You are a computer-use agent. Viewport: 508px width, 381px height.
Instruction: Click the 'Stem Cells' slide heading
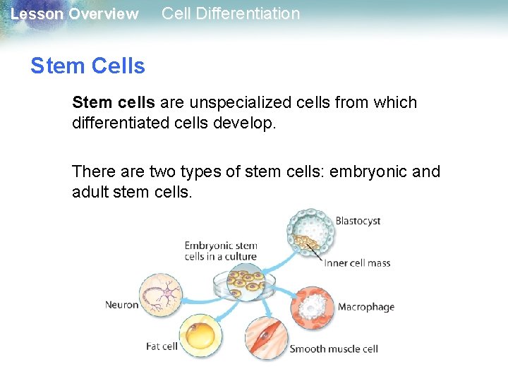pyautogui.click(x=87, y=66)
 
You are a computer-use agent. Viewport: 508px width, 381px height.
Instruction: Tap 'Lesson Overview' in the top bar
pyautogui.click(x=75, y=14)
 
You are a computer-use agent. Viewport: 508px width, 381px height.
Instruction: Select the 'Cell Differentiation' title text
pyautogui.click(x=231, y=13)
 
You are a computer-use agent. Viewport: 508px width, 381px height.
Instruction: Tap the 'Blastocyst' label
pyautogui.click(x=358, y=221)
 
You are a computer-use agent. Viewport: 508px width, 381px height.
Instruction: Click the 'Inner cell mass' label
pyautogui.click(x=357, y=263)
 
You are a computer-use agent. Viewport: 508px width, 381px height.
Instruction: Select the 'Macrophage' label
pyautogui.click(x=365, y=307)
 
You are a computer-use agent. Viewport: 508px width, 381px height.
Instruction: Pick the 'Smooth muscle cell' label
pyautogui.click(x=334, y=349)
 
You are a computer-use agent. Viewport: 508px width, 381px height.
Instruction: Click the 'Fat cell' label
pyautogui.click(x=162, y=346)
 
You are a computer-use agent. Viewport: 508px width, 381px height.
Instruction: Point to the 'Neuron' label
pyautogui.click(x=121, y=305)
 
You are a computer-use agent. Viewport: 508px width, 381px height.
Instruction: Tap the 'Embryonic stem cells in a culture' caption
pyautogui.click(x=221, y=251)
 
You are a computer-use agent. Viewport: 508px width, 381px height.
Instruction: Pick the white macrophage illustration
pyautogui.click(x=310, y=308)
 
